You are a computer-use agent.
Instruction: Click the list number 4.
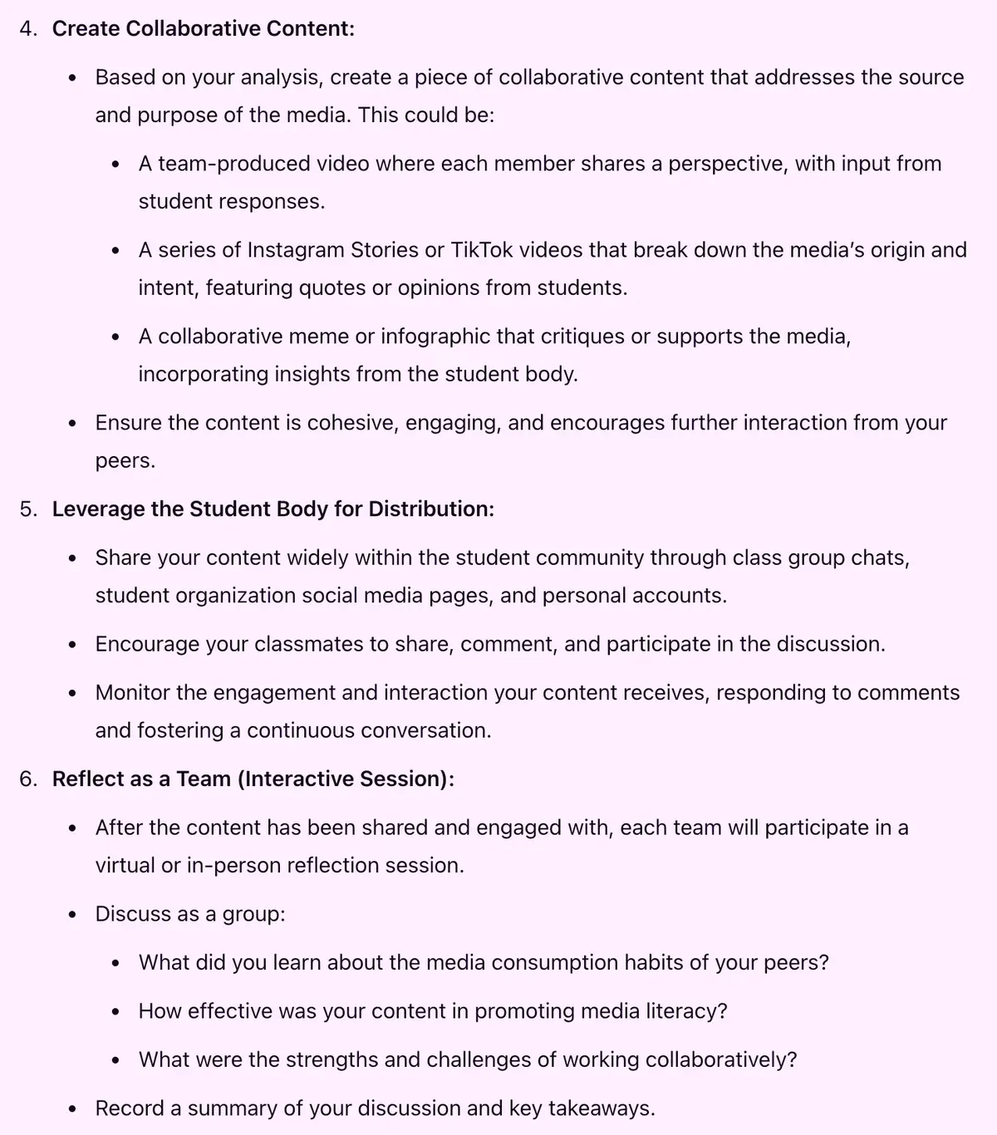[x=27, y=29]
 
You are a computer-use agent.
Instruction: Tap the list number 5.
[x=27, y=509]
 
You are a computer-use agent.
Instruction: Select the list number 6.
[x=27, y=779]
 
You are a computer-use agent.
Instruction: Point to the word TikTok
[x=482, y=250]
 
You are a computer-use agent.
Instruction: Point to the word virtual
[x=125, y=866]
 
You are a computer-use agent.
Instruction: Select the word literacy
[x=685, y=1011]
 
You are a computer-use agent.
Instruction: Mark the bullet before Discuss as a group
[x=73, y=915]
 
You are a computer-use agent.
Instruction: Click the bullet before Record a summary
[x=73, y=1109]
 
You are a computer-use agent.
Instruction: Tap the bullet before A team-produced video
[x=116, y=165]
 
